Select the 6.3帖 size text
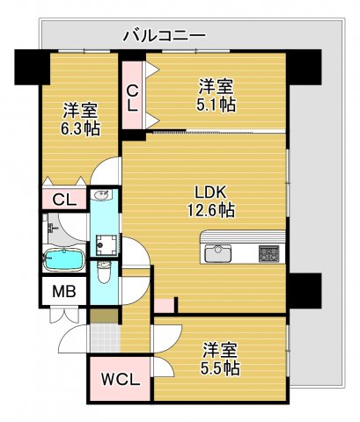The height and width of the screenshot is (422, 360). [x=80, y=128]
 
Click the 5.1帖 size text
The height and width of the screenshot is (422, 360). [x=216, y=104]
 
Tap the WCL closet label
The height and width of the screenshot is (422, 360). [x=117, y=380]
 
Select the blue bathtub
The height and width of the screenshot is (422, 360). [x=62, y=261]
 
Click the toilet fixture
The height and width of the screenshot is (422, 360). [x=105, y=273]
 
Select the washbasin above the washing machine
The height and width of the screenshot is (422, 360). [x=102, y=195]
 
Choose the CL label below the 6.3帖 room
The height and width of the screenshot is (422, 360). [x=63, y=200]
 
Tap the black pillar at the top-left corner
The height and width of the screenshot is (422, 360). [x=30, y=66]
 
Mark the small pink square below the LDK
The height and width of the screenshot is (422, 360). [x=164, y=305]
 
